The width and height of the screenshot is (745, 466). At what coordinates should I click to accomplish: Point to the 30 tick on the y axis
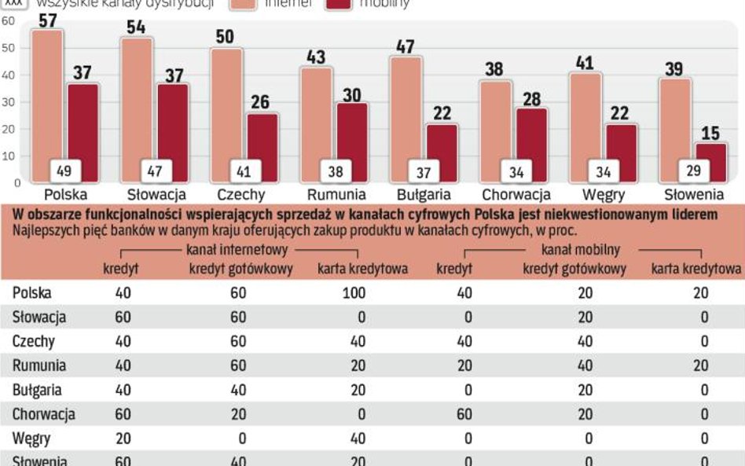point(8,102)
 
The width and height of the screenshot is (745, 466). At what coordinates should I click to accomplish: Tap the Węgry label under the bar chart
point(604,194)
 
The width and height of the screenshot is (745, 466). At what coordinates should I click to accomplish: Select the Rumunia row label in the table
point(39,365)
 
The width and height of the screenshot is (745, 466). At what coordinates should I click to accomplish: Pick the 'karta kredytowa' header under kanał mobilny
point(696,270)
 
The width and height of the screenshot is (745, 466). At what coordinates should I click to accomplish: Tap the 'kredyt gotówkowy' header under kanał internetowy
point(240,270)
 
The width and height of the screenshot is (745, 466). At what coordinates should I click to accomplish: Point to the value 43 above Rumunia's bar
point(316,57)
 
